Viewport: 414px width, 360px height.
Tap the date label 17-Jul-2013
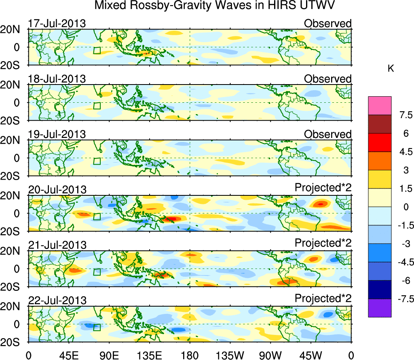point(57,23)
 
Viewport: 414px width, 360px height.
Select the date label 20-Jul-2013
point(57,190)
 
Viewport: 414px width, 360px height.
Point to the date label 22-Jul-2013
point(57,301)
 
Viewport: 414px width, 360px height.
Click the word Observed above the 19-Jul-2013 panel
point(327,134)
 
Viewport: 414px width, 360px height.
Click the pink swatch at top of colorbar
point(380,106)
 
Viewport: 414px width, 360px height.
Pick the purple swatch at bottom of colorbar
point(380,308)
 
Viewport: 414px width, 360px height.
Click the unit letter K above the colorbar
point(391,69)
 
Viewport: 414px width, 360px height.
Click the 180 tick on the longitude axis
point(190,355)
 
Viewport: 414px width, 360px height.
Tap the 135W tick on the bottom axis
point(230,355)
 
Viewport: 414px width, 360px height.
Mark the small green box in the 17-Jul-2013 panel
point(97,51)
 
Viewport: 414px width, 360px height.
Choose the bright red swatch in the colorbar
point(380,142)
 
